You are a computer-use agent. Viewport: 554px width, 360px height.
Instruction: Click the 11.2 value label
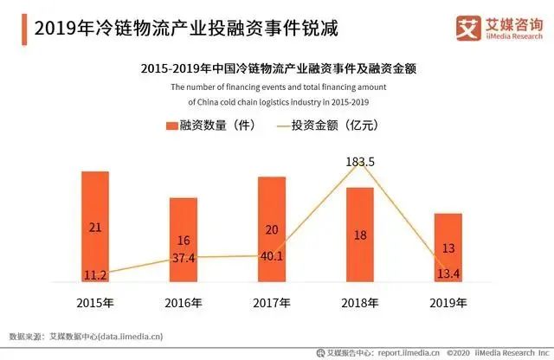(95, 274)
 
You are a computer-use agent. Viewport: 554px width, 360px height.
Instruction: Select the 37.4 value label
(184, 257)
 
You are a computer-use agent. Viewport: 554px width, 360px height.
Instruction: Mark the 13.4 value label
(448, 273)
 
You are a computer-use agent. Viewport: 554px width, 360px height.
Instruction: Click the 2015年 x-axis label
(95, 303)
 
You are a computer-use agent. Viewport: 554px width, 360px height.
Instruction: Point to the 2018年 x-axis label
(359, 303)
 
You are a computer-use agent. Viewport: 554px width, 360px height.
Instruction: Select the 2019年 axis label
(448, 303)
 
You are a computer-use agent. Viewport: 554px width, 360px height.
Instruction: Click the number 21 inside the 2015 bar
(95, 228)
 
